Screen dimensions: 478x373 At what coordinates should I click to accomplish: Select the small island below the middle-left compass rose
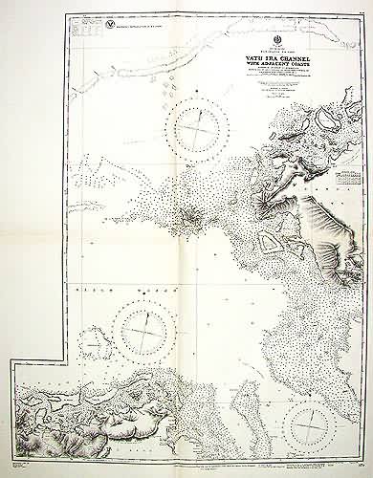pos(94,363)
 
